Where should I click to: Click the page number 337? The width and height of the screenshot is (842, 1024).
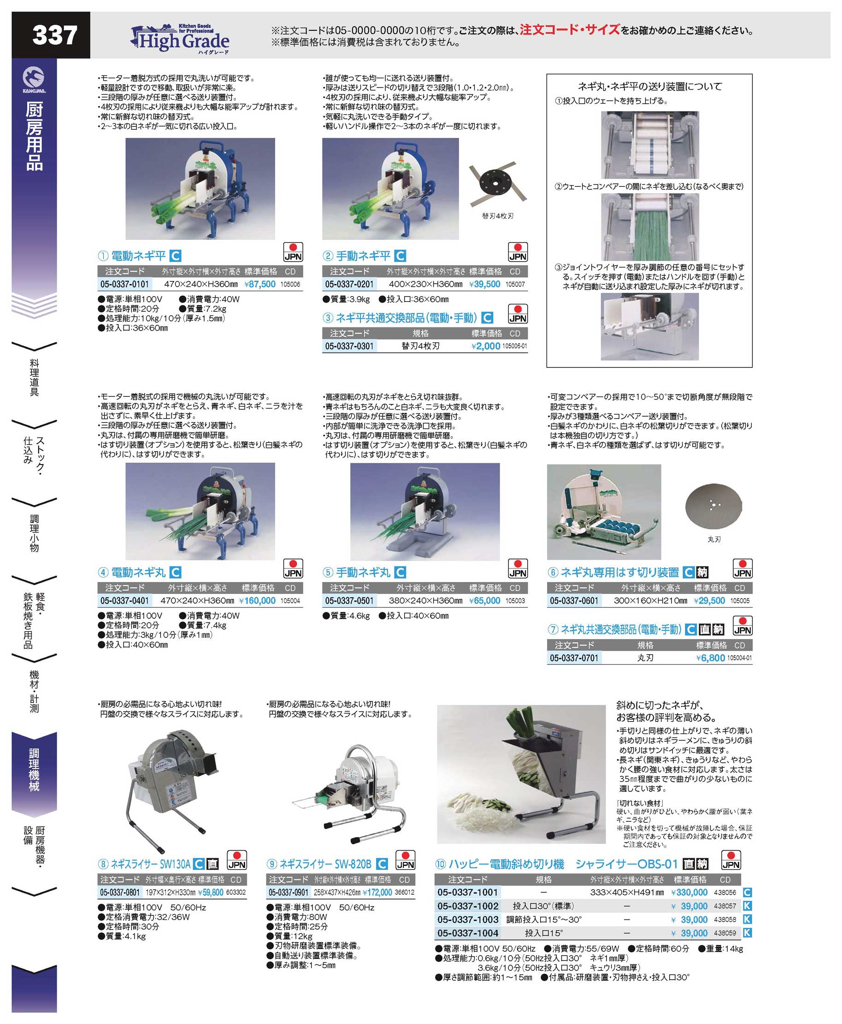(55, 35)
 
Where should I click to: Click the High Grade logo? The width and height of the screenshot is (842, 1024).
(181, 38)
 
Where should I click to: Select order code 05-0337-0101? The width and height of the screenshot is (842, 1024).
(125, 284)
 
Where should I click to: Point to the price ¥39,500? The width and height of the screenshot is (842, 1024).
(484, 284)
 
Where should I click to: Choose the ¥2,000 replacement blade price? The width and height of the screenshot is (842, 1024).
(485, 346)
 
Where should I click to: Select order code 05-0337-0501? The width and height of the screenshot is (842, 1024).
(349, 600)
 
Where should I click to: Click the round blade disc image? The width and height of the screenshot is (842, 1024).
(713, 506)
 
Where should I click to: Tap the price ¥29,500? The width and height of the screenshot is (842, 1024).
(709, 600)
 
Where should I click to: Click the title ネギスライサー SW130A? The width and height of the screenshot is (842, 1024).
(151, 864)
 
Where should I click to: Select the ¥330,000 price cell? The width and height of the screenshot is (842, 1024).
(689, 892)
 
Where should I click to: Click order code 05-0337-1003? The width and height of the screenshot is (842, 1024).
(468, 919)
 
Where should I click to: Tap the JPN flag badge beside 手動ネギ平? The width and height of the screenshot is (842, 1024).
(518, 252)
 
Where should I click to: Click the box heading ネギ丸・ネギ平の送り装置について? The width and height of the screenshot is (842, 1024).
(650, 86)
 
